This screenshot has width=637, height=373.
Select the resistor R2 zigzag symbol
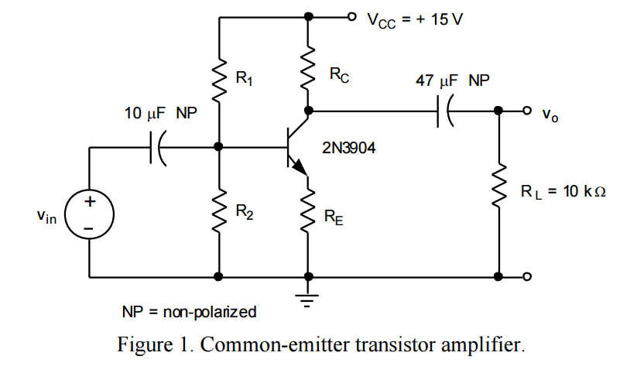[220, 210]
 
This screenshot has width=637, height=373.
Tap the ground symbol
[309, 299]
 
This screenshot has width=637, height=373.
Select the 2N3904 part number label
[349, 148]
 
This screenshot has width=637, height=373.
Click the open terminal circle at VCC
[352, 16]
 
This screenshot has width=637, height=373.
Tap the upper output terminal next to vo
[528, 111]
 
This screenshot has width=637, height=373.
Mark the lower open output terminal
[528, 276]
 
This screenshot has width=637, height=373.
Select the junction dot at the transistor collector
[309, 111]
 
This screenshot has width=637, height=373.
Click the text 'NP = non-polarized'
[189, 313]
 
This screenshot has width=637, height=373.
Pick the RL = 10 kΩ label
[562, 191]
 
